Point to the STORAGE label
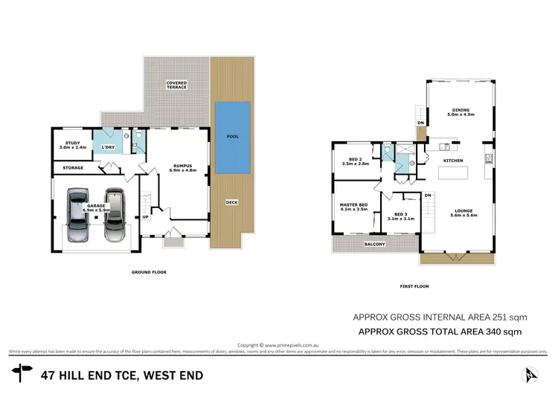tap(72, 168)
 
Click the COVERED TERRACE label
tap(176, 85)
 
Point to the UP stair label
tap(146, 217)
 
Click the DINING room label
tap(458, 112)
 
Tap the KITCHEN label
tap(453, 161)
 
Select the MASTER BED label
tap(354, 207)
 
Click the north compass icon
tap(530, 374)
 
